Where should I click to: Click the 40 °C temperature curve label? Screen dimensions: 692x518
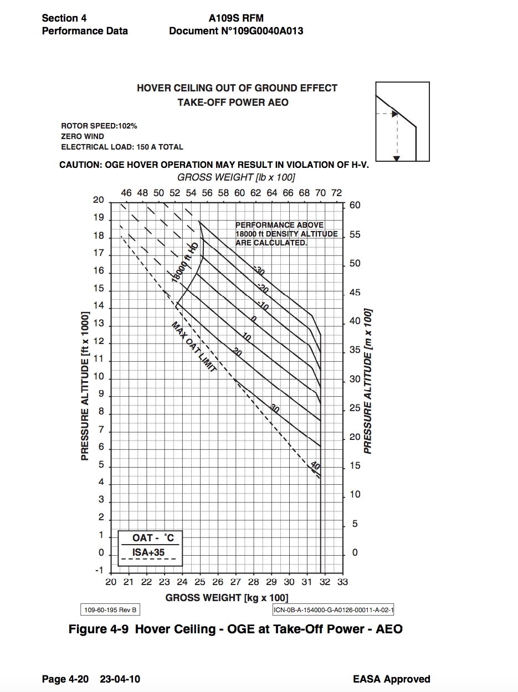(x=315, y=466)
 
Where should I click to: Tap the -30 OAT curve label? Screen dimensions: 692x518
(x=259, y=271)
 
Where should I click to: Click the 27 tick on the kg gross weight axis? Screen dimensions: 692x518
(x=235, y=582)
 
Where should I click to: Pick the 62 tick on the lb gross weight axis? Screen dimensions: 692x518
(x=255, y=193)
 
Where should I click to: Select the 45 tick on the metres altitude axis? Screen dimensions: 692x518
(x=354, y=293)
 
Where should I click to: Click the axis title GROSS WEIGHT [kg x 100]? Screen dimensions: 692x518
(x=227, y=597)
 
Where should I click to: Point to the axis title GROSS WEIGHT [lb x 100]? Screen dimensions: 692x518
(x=235, y=177)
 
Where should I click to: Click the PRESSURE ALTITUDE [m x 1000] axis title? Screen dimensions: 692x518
(x=368, y=381)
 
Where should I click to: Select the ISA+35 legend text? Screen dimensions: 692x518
(x=148, y=552)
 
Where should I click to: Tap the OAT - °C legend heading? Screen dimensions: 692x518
(x=153, y=538)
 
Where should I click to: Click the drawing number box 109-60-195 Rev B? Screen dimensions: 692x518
(x=110, y=610)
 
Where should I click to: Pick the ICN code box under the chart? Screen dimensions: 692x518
(x=334, y=610)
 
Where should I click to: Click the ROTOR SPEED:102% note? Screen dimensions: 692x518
(x=99, y=126)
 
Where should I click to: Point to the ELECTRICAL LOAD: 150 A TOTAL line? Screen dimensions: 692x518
(x=122, y=147)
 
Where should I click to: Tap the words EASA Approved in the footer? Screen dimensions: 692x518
(x=391, y=679)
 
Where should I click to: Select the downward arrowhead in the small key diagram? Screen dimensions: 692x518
(x=396, y=158)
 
